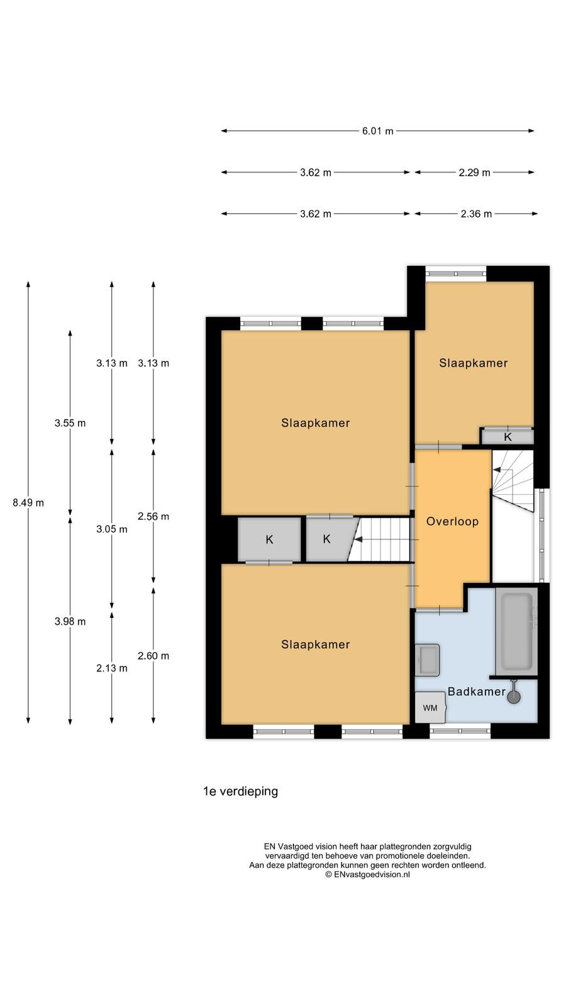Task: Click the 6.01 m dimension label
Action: point(378,131)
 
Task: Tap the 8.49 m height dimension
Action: point(28,502)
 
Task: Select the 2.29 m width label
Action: point(474,172)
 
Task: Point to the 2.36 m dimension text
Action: point(476,214)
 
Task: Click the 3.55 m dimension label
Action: point(70,423)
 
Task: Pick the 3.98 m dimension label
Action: point(70,622)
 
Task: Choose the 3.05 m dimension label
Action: point(112,529)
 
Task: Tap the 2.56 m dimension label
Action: point(153,516)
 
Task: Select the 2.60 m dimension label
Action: point(153,656)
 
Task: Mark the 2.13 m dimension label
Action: point(112,668)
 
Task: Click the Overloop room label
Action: point(452,521)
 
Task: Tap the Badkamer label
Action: point(477,691)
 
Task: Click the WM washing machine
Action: point(430,707)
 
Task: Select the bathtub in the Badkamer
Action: point(516,631)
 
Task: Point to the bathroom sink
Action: point(427,660)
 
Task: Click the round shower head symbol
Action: point(514,697)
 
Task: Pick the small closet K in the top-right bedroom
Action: point(508,436)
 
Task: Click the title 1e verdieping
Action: point(241,792)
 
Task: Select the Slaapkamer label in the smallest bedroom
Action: point(474,363)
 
